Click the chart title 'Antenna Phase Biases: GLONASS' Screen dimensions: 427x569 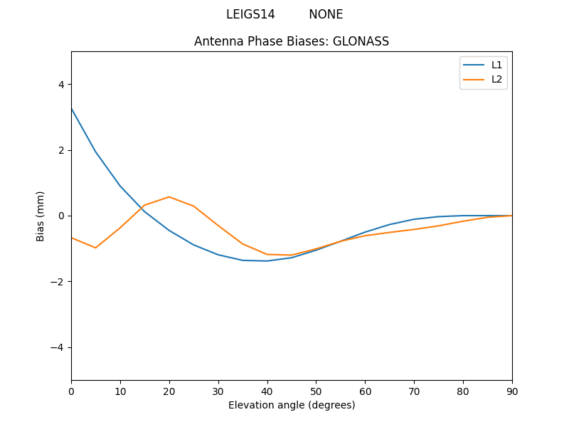coord(292,41)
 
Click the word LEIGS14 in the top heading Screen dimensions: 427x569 coord(250,14)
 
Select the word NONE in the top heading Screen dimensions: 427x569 coord(326,14)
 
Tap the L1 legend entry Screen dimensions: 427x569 coord(496,65)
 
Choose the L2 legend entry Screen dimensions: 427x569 coord(496,79)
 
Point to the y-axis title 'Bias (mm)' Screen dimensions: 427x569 coord(41,216)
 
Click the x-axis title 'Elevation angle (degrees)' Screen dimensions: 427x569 coord(292,405)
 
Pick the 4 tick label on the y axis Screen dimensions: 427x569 coord(60,85)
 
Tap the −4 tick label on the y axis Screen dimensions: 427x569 coord(58,347)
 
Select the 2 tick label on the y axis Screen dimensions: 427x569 coord(60,150)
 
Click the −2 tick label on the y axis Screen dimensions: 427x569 coord(58,282)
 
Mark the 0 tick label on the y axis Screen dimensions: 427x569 coord(60,216)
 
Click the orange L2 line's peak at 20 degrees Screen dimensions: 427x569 coord(169,197)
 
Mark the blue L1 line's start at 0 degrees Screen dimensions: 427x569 coord(72,109)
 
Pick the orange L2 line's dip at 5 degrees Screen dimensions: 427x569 coord(95,248)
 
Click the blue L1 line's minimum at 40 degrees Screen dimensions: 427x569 coord(267,261)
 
